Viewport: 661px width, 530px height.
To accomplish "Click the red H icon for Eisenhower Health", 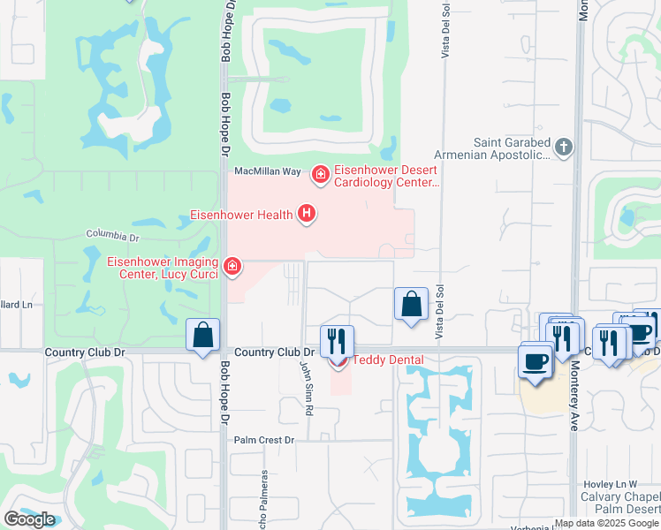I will click(x=307, y=213).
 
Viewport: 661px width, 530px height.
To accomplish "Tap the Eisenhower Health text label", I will click(x=242, y=215).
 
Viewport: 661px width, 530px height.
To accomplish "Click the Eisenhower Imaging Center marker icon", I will click(x=232, y=266).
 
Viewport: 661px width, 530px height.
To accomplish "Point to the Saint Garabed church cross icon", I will click(x=565, y=147).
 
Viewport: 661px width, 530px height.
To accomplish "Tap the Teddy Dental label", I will click(x=388, y=360).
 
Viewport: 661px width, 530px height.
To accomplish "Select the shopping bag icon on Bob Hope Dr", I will click(x=203, y=336).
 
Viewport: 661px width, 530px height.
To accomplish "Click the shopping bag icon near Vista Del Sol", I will click(x=411, y=305).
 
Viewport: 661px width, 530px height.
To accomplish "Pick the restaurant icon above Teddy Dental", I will click(x=337, y=340).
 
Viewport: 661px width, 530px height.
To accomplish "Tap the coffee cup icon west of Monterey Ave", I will click(x=536, y=360).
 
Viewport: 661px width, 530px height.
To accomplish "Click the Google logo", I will click(x=29, y=519).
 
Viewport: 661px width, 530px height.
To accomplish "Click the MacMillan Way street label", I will click(x=262, y=170).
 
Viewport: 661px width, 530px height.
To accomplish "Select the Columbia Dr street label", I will click(x=112, y=236).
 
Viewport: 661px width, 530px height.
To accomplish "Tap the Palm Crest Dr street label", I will click(x=263, y=439).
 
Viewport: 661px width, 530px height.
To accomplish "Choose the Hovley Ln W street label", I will click(x=610, y=485).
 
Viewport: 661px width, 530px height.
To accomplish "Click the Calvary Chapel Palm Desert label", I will click(x=623, y=503).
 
